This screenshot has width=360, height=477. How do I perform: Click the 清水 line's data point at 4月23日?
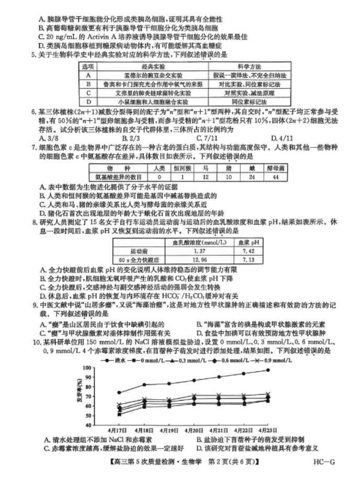click(x=268, y=370)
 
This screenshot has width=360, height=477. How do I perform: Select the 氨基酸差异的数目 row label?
click(x=117, y=177)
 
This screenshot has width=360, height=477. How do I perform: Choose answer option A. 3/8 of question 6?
click(x=47, y=138)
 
